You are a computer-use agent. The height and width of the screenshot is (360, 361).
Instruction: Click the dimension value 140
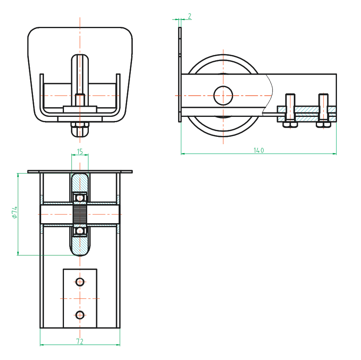tap(259, 150)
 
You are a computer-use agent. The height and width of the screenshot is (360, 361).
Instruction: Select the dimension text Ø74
tap(14, 213)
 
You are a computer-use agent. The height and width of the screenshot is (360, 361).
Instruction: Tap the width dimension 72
tap(80, 341)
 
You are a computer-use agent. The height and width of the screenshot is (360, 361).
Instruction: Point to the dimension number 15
tap(80, 151)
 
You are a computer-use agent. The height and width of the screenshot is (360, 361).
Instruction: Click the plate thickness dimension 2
tap(190, 16)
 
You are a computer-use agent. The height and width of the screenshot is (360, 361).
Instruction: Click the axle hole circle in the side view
tap(223, 95)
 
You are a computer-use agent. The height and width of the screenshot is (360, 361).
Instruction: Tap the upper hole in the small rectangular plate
tap(80, 281)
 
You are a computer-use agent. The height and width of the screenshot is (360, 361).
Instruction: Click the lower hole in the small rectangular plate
tap(80, 315)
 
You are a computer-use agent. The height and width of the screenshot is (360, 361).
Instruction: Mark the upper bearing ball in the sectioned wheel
tap(80, 198)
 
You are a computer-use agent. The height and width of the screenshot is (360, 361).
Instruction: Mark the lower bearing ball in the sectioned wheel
tap(80, 231)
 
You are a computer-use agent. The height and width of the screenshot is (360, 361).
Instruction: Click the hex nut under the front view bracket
tap(80, 130)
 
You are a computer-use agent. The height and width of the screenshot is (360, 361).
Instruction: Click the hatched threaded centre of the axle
tap(80, 214)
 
